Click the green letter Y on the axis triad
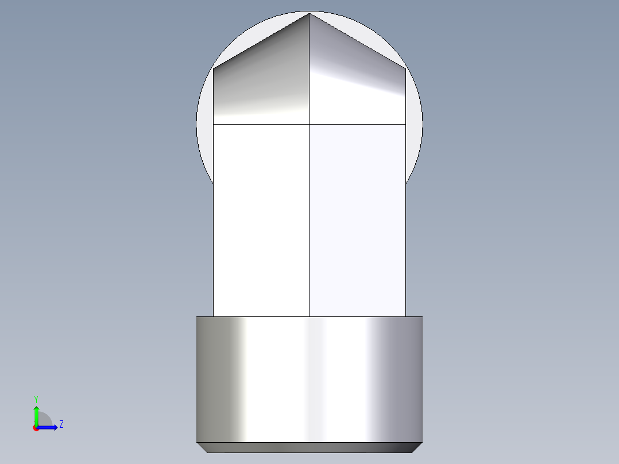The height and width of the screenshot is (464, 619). click(36, 399)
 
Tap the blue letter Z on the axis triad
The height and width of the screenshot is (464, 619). click(61, 424)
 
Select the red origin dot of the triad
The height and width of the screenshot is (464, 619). click(36, 428)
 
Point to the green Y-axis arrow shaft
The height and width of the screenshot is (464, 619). click(36, 418)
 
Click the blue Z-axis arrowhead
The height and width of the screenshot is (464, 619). click(56, 427)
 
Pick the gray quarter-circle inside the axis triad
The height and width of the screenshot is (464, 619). click(44, 419)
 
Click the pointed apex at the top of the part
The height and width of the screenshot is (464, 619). click(309, 13)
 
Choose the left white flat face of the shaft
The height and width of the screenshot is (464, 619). click(261, 220)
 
